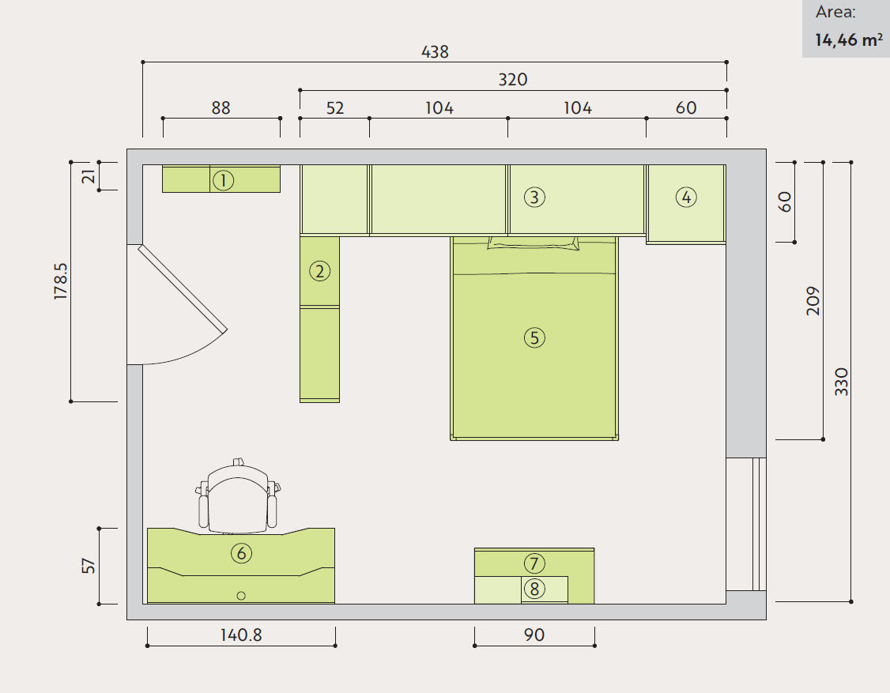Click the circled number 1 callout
[x=223, y=180]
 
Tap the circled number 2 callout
[x=319, y=271]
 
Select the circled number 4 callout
[x=686, y=198]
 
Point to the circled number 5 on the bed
[x=534, y=337]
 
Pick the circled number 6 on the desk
[x=241, y=553]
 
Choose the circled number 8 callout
[x=534, y=589]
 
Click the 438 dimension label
[x=435, y=51]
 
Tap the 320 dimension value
[x=512, y=80]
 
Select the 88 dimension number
[x=221, y=107]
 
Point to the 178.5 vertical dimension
[x=60, y=281]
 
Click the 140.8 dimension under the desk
[x=241, y=635]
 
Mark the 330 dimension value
[x=841, y=382]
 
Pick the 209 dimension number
[x=813, y=301]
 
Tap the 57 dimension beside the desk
[x=89, y=566]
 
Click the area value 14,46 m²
[x=849, y=40]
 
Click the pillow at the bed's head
[x=534, y=243]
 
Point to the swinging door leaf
[x=183, y=288]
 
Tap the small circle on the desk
[x=240, y=596]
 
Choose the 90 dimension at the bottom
[x=534, y=635]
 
